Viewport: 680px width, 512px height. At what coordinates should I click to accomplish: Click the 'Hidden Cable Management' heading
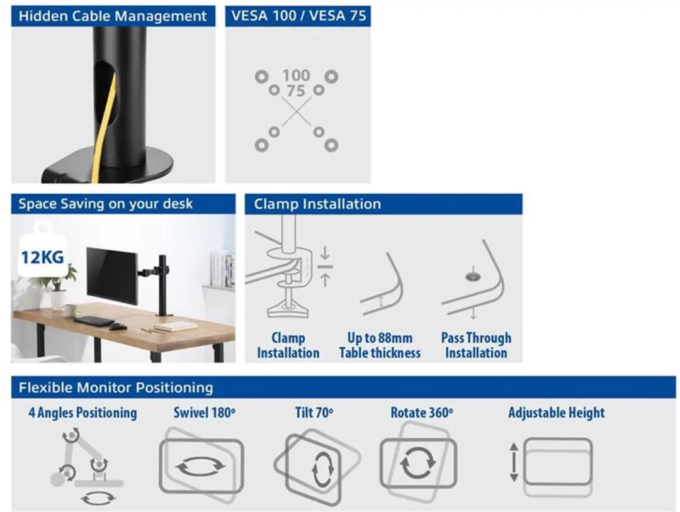(112, 16)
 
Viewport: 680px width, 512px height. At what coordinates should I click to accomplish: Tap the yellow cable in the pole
(104, 126)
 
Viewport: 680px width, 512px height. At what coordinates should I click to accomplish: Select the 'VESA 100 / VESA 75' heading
(298, 16)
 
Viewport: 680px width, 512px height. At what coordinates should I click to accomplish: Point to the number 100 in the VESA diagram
(296, 75)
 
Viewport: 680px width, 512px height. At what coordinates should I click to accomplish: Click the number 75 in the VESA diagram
(296, 91)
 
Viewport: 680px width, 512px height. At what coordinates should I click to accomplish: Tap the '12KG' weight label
(43, 257)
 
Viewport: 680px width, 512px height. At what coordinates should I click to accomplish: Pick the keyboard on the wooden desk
(94, 321)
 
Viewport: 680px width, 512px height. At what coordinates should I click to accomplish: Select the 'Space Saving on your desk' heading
(105, 204)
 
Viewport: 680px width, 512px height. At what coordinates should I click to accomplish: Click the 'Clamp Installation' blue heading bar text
(317, 204)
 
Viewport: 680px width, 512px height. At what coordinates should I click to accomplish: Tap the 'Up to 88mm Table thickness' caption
(380, 345)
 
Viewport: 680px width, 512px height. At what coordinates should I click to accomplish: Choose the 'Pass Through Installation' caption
(476, 345)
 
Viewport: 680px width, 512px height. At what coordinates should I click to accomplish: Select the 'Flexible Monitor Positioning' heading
(116, 387)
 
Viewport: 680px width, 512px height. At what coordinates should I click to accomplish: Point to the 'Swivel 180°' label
(205, 413)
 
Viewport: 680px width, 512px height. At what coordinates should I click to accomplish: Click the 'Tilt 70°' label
(314, 413)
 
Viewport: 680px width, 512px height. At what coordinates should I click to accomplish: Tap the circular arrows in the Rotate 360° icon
(417, 462)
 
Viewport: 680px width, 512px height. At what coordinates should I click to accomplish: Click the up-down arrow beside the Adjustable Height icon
(514, 462)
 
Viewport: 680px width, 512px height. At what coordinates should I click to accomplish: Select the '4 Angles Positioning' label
(83, 413)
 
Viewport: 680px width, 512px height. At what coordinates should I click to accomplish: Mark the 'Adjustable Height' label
(557, 413)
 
